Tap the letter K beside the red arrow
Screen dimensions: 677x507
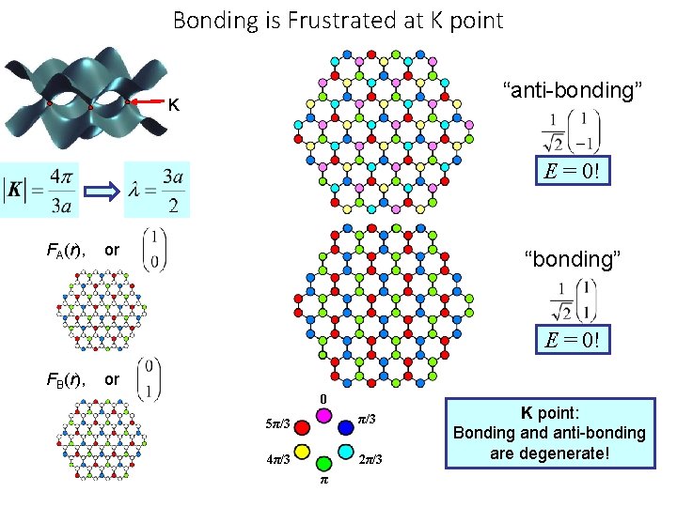pyautogui.click(x=174, y=103)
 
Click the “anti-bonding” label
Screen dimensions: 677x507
pyautogui.click(x=573, y=90)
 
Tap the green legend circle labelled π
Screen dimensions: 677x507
pyautogui.click(x=323, y=464)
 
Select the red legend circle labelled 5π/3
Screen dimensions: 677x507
pyautogui.click(x=302, y=428)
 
